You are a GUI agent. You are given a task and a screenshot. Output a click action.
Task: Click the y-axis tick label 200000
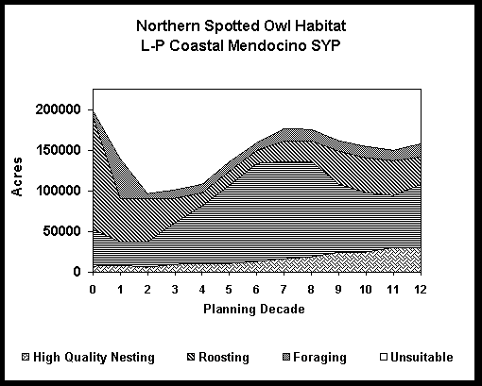click(x=59, y=109)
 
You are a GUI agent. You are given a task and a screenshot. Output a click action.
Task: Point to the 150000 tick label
click(x=59, y=150)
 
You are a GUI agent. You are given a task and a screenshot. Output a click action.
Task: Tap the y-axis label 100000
click(x=59, y=191)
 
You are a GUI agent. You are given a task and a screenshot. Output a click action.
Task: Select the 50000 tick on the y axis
click(x=62, y=231)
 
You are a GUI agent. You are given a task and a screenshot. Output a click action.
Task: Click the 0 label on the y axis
click(x=77, y=272)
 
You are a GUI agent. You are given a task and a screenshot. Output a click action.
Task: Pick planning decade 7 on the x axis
click(x=284, y=289)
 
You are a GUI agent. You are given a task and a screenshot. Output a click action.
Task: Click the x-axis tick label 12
click(x=421, y=289)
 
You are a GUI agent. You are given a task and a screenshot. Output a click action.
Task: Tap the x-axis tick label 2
click(x=147, y=289)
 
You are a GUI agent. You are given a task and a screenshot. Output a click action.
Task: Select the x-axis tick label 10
click(x=366, y=289)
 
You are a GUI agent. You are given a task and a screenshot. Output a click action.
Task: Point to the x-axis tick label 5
click(x=229, y=289)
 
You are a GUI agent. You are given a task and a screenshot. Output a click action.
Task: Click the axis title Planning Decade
click(x=254, y=309)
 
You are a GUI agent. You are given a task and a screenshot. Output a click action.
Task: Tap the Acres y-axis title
click(x=17, y=176)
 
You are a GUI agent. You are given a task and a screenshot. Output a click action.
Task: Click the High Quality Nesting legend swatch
click(x=26, y=357)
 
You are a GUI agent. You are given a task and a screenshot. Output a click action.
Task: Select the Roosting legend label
click(x=224, y=358)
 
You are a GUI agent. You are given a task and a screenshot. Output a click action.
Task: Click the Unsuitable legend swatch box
click(x=384, y=357)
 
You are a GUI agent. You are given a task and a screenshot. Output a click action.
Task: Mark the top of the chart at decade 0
click(x=94, y=110)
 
